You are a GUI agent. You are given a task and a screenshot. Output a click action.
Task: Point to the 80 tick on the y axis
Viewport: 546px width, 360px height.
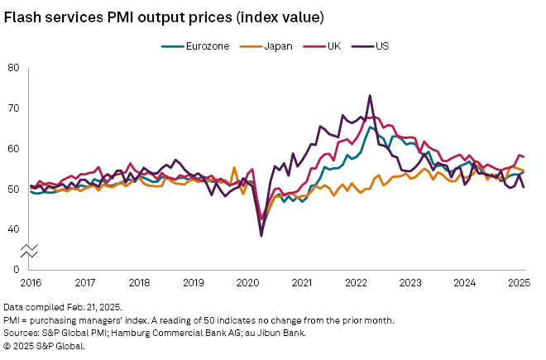tap(13, 68)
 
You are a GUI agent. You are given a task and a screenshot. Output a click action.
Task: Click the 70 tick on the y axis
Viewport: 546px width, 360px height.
tap(13, 108)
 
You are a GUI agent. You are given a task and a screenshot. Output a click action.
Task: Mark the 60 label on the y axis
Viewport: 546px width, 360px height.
tap(13, 149)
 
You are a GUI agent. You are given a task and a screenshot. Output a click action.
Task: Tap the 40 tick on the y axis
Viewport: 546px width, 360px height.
tap(13, 230)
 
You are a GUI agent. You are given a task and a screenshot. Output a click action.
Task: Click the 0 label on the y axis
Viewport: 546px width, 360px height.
tap(16, 270)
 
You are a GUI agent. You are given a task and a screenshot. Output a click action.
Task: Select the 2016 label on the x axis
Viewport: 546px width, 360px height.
tap(31, 281)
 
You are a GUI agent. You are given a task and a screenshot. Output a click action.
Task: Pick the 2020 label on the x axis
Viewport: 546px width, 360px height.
tap(247, 281)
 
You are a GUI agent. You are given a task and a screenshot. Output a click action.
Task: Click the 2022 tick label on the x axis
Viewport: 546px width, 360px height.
tap(356, 281)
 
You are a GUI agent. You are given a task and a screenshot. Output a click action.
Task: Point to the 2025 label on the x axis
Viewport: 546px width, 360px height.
tap(518, 281)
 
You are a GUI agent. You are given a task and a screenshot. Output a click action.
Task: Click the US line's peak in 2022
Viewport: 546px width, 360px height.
tap(370, 96)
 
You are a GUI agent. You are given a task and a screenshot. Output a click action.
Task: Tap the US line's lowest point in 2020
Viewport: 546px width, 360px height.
tap(261, 236)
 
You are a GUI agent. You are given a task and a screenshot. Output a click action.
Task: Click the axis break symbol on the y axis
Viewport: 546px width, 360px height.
tap(31, 250)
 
